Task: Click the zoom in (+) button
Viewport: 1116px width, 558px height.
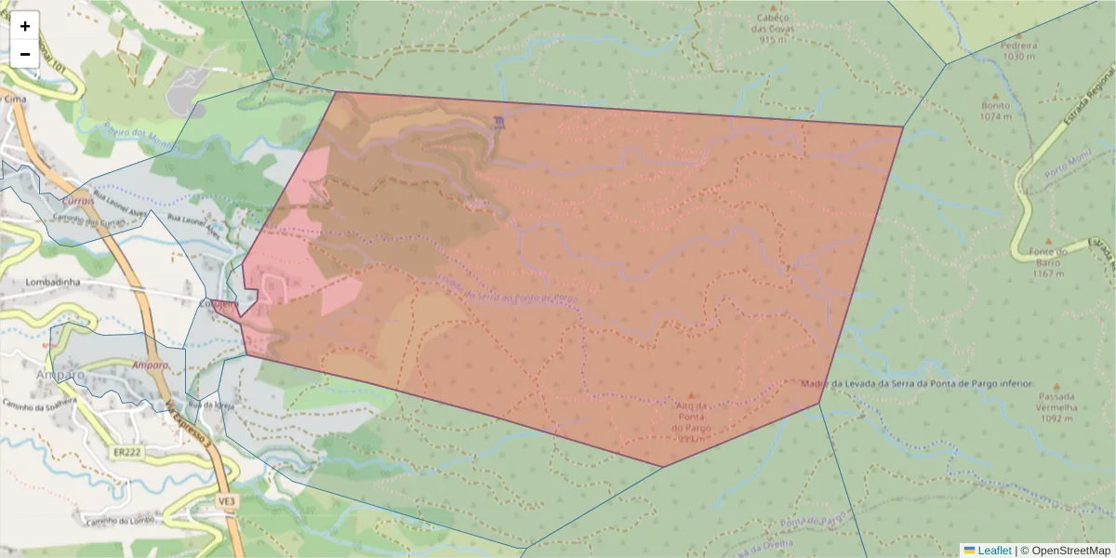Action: pyautogui.click(x=25, y=26)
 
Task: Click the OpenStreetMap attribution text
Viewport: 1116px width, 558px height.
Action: pyautogui.click(x=1070, y=551)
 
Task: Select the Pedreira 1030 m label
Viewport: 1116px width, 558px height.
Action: pyautogui.click(x=1019, y=50)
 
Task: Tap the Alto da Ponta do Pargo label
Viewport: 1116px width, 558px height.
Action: pyautogui.click(x=690, y=417)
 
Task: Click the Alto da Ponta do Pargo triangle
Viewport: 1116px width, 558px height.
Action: pyautogui.click(x=690, y=395)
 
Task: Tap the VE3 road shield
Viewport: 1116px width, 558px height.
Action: pyautogui.click(x=228, y=500)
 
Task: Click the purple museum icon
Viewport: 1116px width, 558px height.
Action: pyautogui.click(x=500, y=122)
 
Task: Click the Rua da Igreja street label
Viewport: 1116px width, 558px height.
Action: pyautogui.click(x=209, y=405)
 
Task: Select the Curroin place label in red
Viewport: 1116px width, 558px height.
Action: pyautogui.click(x=77, y=200)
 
